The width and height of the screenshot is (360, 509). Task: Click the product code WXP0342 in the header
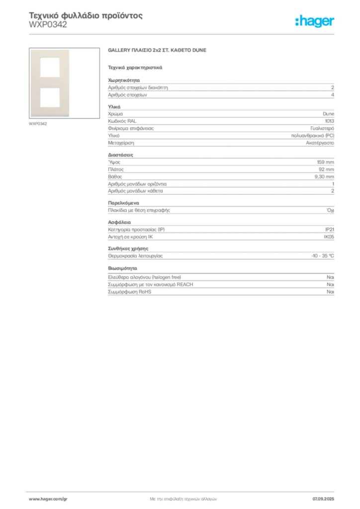pyautogui.click(x=48, y=25)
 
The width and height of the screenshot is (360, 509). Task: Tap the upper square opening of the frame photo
pyautogui.click(x=50, y=68)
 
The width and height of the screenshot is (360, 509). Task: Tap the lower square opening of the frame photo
pyautogui.click(x=50, y=97)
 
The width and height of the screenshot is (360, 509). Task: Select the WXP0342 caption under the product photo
pyautogui.click(x=38, y=124)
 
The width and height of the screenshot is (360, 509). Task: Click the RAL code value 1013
pyautogui.click(x=330, y=121)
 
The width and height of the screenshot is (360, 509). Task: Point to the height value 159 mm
pyautogui.click(x=326, y=162)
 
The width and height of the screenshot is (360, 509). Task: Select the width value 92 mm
pyautogui.click(x=326, y=170)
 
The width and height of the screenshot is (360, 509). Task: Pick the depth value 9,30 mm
pyautogui.click(x=324, y=176)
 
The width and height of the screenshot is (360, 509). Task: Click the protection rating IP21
pyautogui.click(x=330, y=230)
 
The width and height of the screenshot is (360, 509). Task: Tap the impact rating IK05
pyautogui.click(x=329, y=237)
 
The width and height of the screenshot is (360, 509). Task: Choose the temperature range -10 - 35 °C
pyautogui.click(x=323, y=256)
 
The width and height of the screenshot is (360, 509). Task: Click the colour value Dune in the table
pyautogui.click(x=329, y=114)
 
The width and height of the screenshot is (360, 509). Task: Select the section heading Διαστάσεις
pyautogui.click(x=120, y=155)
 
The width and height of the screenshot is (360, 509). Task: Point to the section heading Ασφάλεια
pyautogui.click(x=119, y=222)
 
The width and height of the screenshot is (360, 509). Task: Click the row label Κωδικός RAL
pyautogui.click(x=122, y=121)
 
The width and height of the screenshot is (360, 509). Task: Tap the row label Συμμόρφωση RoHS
pyautogui.click(x=129, y=292)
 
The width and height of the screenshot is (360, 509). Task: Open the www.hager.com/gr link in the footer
pyautogui.click(x=48, y=499)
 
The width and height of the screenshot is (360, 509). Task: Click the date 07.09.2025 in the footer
pyautogui.click(x=323, y=499)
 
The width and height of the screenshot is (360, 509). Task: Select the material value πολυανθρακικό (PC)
pyautogui.click(x=313, y=136)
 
